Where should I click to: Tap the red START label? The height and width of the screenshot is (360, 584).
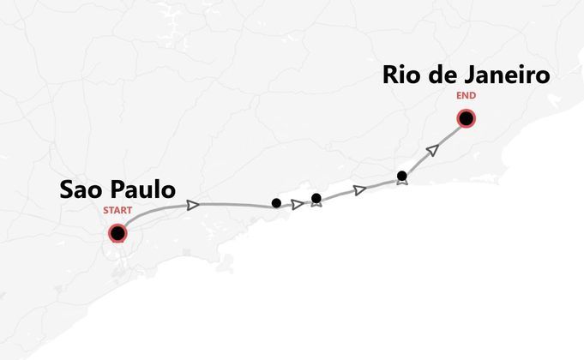(117, 210)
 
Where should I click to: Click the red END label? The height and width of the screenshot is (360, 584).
(466, 96)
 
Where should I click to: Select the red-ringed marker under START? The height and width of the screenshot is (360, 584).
(117, 232)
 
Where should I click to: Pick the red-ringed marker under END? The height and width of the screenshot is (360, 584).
(466, 118)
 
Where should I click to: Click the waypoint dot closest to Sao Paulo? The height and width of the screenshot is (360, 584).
(276, 203)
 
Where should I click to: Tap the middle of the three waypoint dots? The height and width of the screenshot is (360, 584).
(316, 198)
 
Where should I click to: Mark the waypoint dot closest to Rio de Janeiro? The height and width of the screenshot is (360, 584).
(402, 176)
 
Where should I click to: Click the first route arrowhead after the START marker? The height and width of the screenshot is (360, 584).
(194, 205)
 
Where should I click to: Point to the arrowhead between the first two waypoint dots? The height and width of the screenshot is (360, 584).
(298, 204)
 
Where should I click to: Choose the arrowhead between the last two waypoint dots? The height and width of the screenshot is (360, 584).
(360, 189)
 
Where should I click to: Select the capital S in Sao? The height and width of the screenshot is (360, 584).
(67, 190)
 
